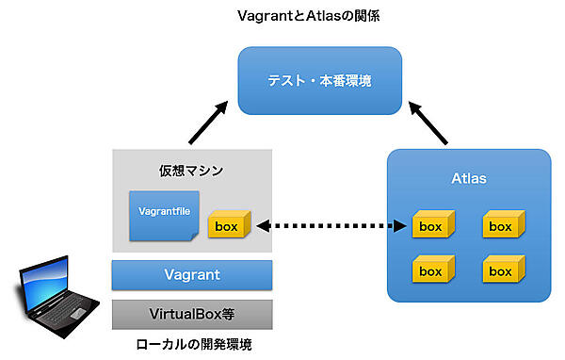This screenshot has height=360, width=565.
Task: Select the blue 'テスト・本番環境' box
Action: click(320, 81)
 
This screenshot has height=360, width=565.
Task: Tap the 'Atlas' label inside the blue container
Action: click(468, 176)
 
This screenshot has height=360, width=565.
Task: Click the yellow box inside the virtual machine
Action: click(230, 226)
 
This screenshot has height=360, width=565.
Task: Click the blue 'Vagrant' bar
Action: click(192, 275)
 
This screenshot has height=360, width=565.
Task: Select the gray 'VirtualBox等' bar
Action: click(192, 312)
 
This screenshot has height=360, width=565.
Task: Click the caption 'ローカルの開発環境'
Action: click(192, 344)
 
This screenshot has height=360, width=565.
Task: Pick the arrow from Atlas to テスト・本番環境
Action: click(428, 120)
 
